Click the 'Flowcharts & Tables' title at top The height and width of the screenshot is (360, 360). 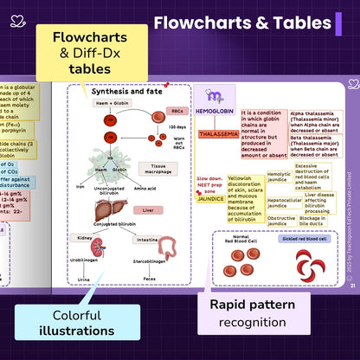point(242,23)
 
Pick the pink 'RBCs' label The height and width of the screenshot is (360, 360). point(177,111)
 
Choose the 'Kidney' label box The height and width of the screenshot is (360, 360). point(85,236)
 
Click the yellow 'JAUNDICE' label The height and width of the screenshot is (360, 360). point(210,198)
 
